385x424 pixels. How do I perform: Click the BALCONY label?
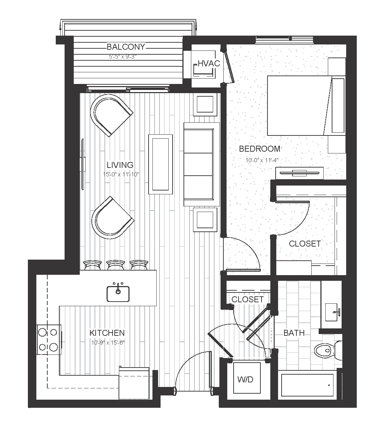coord(126,47)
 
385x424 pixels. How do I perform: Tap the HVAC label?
coord(209,63)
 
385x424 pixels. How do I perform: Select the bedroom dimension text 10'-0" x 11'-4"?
coord(262,160)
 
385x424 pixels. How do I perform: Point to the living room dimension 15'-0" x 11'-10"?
coord(121,174)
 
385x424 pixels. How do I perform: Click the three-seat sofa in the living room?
coord(201,164)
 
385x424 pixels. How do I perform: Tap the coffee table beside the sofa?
coord(161,164)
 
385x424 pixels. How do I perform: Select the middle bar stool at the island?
coord(115,265)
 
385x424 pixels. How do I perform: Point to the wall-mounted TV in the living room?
coord(83,164)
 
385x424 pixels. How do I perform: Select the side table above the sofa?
coord(205,105)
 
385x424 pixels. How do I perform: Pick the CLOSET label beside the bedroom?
coord(305,244)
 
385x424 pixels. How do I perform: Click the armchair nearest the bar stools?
coord(112,218)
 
